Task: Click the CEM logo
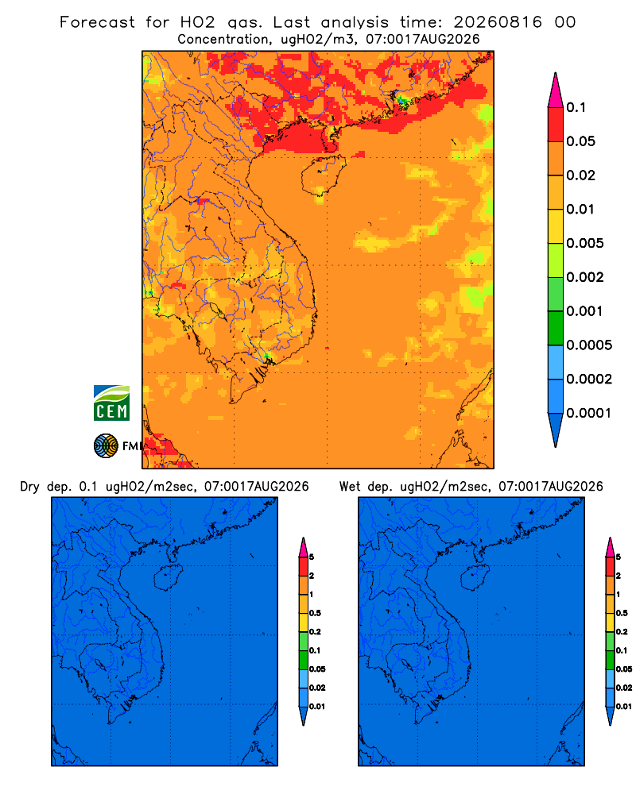[111, 403]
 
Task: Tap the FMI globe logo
[106, 445]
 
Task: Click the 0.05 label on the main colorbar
[580, 141]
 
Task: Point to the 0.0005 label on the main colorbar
[589, 345]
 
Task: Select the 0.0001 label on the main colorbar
[589, 413]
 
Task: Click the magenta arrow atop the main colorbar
[556, 90]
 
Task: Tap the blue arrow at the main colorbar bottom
[556, 430]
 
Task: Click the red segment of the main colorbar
[556, 125]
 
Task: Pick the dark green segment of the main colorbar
[556, 328]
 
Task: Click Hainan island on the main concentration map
[323, 175]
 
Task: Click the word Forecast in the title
[97, 22]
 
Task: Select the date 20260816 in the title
[498, 22]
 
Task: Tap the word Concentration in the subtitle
[223, 39]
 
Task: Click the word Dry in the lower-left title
[29, 487]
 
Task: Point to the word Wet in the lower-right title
[351, 486]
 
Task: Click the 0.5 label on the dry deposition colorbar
[315, 613]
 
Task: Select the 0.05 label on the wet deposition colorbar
[624, 669]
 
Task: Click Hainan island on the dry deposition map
[169, 578]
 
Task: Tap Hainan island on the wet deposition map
[475, 578]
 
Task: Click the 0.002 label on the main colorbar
[585, 277]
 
